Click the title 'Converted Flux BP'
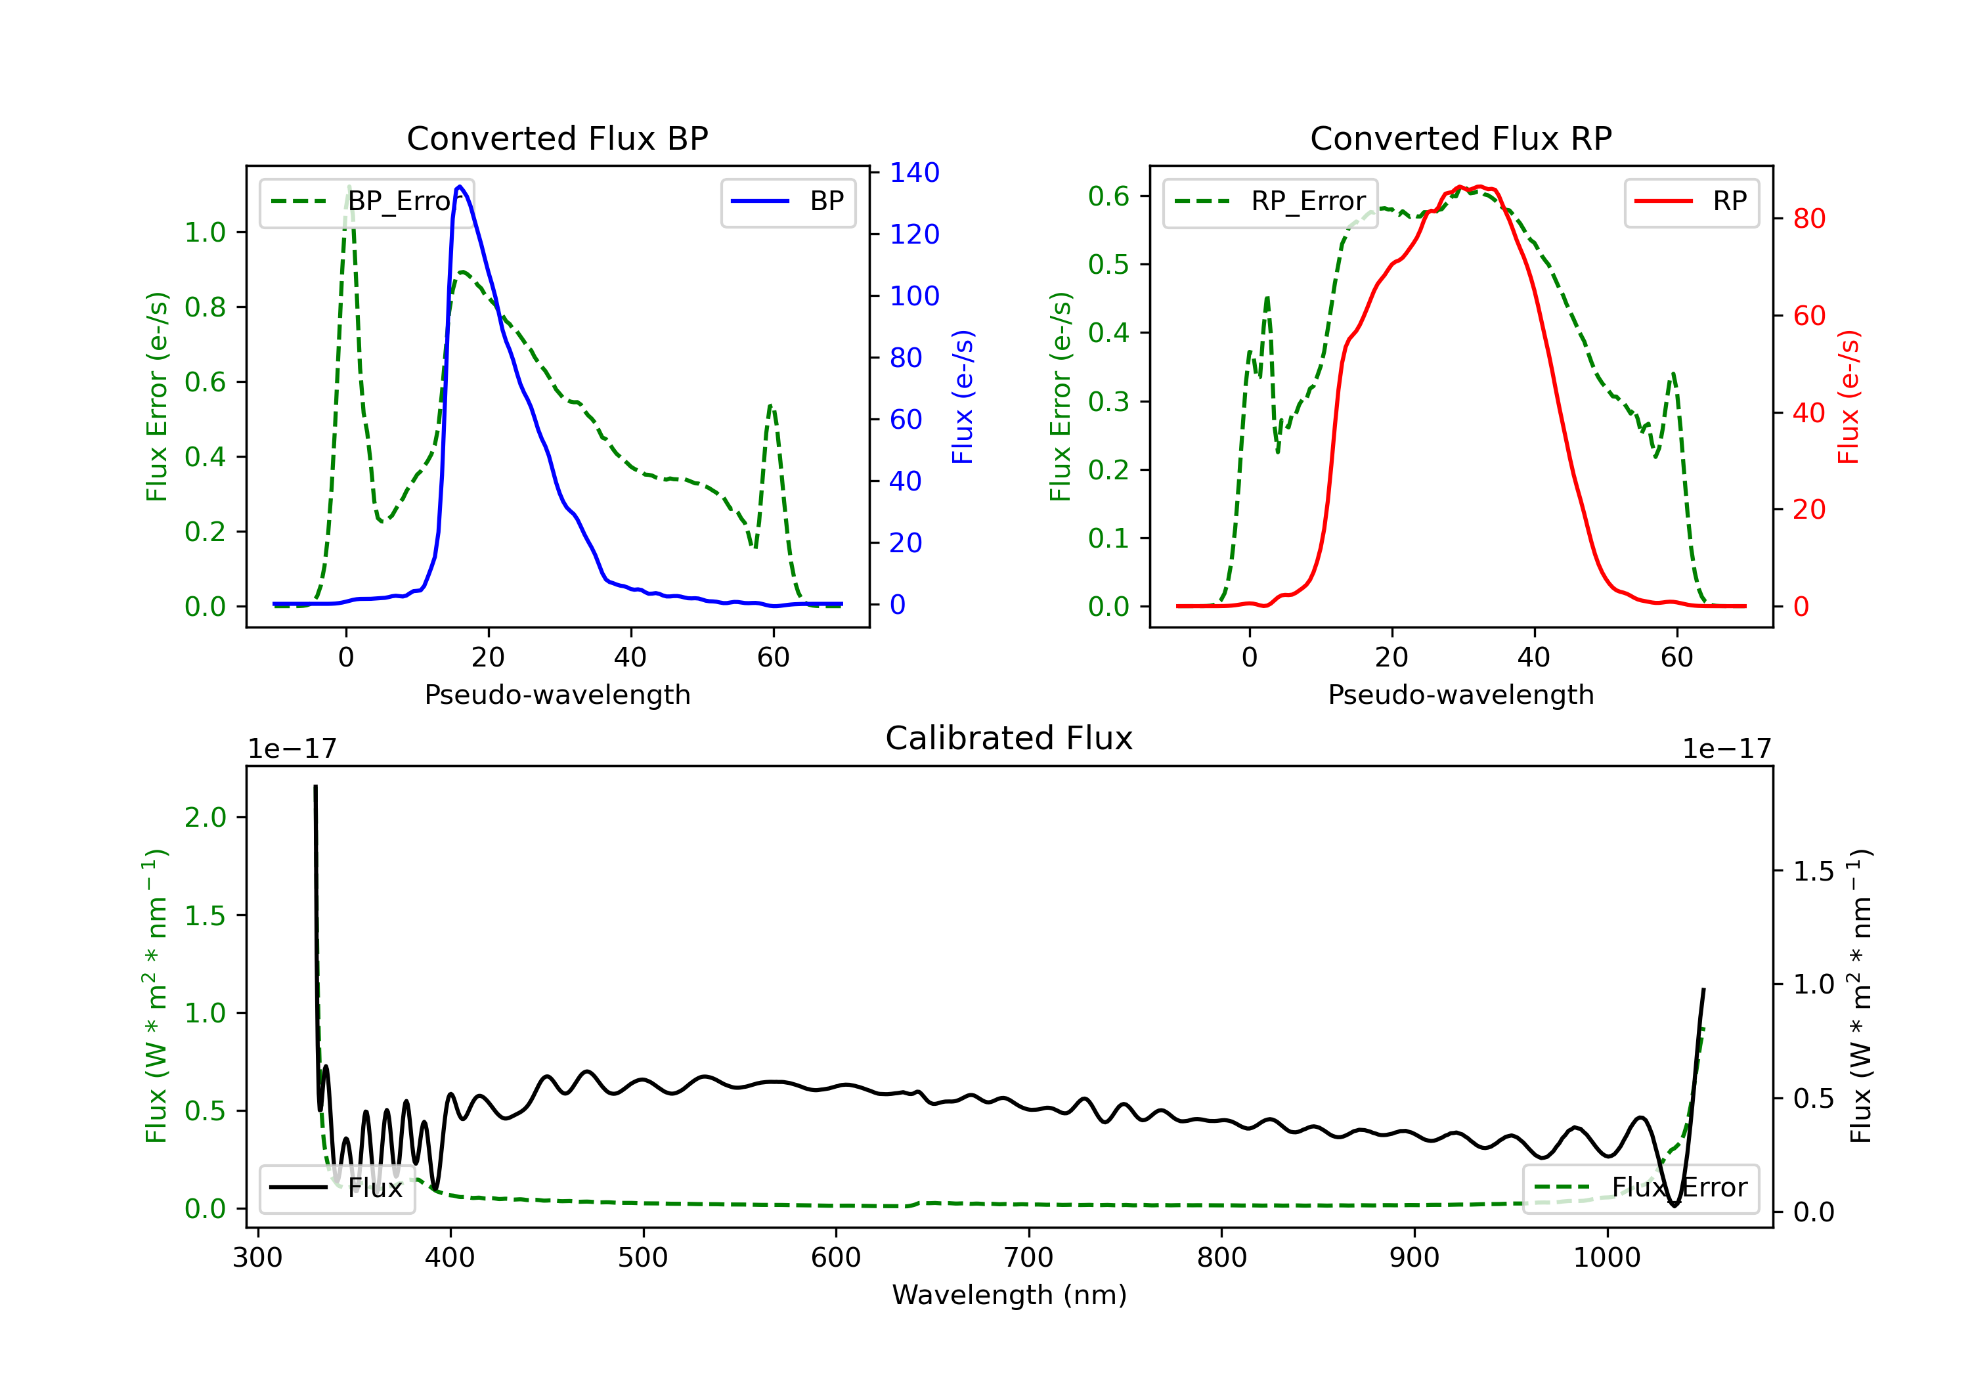557,138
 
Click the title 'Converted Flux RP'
1460,138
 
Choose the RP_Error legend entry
1270,202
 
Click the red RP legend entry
1691,202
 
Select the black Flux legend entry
338,1188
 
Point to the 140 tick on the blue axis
914,173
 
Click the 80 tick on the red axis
1808,219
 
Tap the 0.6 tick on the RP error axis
1108,196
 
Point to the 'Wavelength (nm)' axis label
1009,1295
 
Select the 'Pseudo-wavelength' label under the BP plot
557,694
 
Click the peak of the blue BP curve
460,186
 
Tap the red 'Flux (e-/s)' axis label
1847,397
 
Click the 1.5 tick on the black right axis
1813,871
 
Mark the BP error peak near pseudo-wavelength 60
770,405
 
